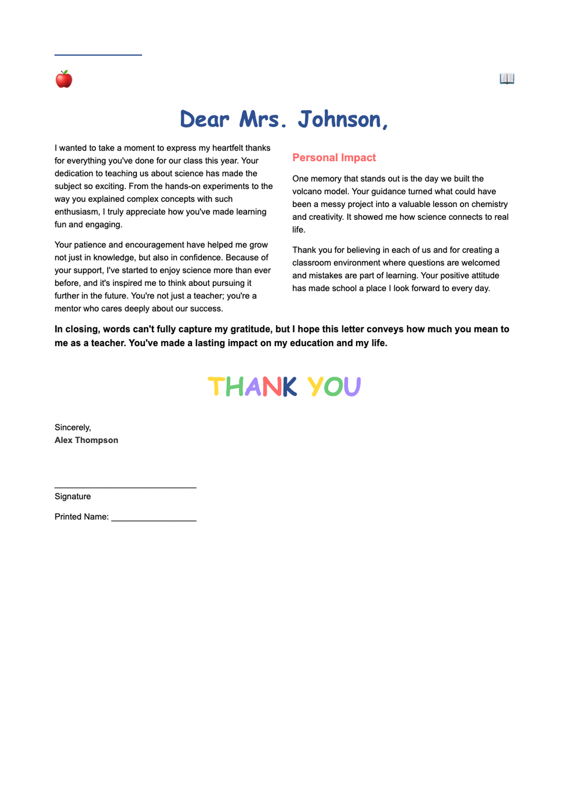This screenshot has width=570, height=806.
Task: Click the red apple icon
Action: click(64, 79)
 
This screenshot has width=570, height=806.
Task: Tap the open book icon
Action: click(507, 78)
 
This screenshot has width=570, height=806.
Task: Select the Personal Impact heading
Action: click(334, 158)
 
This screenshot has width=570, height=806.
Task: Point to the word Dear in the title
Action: click(205, 119)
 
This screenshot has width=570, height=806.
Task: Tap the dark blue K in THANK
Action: click(290, 387)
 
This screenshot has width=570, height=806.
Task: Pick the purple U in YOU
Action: click(352, 387)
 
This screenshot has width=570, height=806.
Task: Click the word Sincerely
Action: click(73, 427)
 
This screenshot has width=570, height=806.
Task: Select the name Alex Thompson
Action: click(86, 440)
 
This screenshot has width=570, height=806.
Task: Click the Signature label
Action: click(73, 496)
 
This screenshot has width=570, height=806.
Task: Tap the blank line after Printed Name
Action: click(154, 520)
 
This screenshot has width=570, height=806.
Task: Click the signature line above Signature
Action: click(125, 487)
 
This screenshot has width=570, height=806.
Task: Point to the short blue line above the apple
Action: click(98, 55)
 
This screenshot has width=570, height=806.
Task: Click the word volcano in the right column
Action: click(307, 191)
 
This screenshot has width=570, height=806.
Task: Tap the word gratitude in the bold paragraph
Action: click(251, 329)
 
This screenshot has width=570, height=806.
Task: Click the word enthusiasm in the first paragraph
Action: click(76, 212)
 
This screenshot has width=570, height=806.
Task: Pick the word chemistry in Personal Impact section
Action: click(489, 204)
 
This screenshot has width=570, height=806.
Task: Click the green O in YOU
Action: click(333, 387)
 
